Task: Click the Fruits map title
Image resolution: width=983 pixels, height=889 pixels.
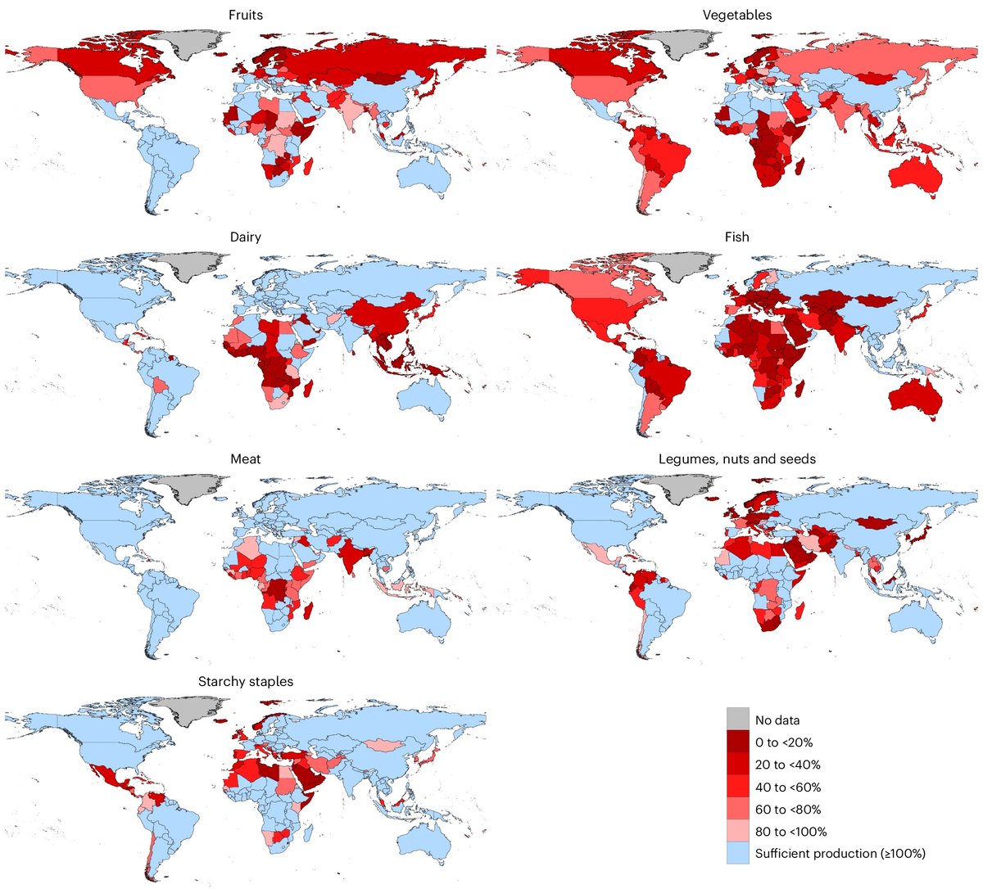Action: [245, 15]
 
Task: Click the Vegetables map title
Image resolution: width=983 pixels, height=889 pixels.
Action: [736, 15]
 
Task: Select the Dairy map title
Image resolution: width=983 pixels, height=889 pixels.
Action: [245, 237]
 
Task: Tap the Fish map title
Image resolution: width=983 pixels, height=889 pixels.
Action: [736, 237]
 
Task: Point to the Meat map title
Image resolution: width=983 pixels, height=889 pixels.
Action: [245, 459]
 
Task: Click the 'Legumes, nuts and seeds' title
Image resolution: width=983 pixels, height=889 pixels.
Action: [736, 459]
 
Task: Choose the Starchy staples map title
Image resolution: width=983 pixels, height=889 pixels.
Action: [245, 681]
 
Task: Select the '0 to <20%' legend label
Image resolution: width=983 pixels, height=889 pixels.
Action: [783, 742]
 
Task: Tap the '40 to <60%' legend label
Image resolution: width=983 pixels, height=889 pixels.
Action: [787, 787]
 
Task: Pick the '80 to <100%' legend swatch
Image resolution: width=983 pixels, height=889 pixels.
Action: [737, 832]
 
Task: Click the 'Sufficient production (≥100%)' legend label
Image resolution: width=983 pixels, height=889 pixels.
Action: [840, 854]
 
